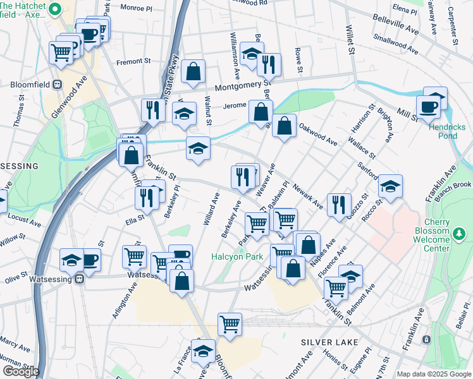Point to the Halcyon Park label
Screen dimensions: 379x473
click(x=236, y=257)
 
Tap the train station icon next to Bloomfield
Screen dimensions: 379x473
click(x=57, y=83)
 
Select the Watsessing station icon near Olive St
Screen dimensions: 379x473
click(x=78, y=279)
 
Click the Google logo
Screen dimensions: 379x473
click(x=20, y=371)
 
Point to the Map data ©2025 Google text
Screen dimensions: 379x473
click(x=433, y=374)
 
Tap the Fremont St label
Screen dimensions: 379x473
click(x=133, y=62)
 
